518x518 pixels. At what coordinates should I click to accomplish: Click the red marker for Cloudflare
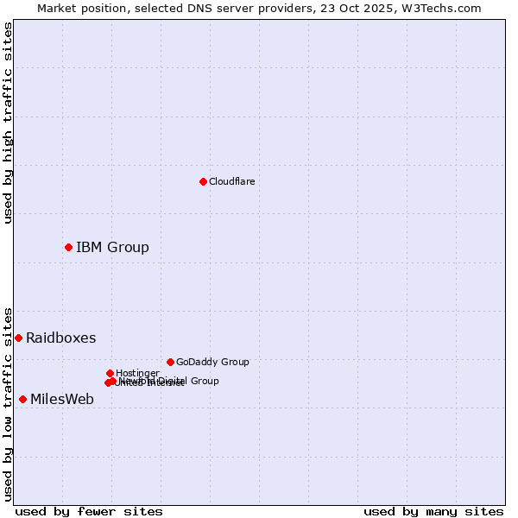coord(203,181)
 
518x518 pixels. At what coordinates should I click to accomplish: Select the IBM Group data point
coord(68,247)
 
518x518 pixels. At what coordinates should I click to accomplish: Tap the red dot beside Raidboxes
coord(18,338)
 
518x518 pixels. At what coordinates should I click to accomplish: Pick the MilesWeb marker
coord(22,399)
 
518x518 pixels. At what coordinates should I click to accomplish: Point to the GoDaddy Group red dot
coord(170,362)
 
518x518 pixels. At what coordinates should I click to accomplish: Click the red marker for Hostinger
coord(110,373)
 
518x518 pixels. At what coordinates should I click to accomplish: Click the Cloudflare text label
coord(231,181)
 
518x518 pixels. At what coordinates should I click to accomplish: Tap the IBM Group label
coord(112,248)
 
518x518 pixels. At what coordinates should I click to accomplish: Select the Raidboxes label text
coord(60,338)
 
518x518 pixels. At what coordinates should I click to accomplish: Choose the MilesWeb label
coord(62,400)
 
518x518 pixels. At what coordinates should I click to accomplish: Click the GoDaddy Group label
coord(212,362)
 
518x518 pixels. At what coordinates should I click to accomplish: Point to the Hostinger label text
coord(137,373)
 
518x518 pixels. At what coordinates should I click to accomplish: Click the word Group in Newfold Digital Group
coord(205,381)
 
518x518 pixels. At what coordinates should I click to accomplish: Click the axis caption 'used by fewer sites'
coord(89,511)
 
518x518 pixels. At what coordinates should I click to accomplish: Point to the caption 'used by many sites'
coord(433,511)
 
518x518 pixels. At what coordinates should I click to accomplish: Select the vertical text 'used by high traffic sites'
coord(8,123)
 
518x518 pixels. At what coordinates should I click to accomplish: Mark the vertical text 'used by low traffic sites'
coord(8,403)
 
